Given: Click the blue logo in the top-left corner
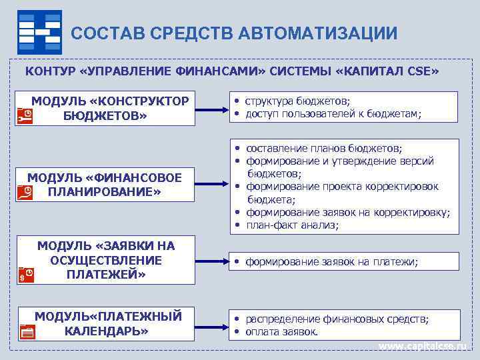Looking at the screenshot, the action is (x=39, y=31).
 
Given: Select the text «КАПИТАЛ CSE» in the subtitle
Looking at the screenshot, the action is (x=393, y=71).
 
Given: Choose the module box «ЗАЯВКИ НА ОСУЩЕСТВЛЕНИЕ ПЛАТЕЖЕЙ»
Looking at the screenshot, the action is (x=107, y=260).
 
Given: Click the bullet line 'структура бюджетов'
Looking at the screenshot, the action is (x=297, y=101).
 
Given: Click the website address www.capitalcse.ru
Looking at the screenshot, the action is (x=424, y=347).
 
